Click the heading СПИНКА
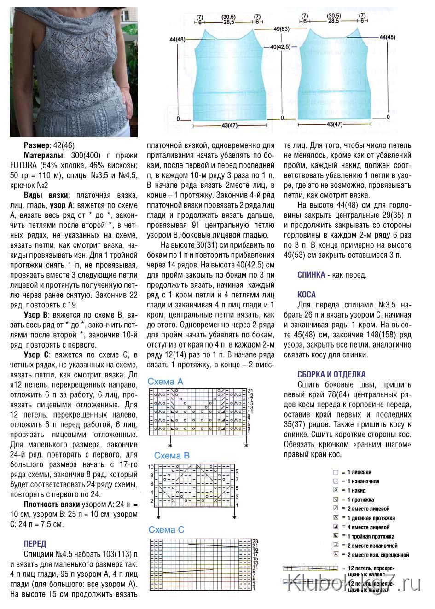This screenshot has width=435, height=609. (311, 275)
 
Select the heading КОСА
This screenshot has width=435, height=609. (307, 295)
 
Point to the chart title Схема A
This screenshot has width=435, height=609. (165, 382)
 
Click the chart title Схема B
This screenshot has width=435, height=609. (172, 456)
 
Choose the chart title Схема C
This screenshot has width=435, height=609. (166, 530)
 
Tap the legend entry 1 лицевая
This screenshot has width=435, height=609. (359, 472)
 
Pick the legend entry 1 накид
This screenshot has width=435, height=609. (356, 491)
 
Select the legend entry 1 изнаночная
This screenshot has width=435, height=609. (363, 481)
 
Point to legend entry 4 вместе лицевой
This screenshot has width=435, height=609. (368, 527)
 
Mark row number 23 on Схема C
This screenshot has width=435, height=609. (255, 541)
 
